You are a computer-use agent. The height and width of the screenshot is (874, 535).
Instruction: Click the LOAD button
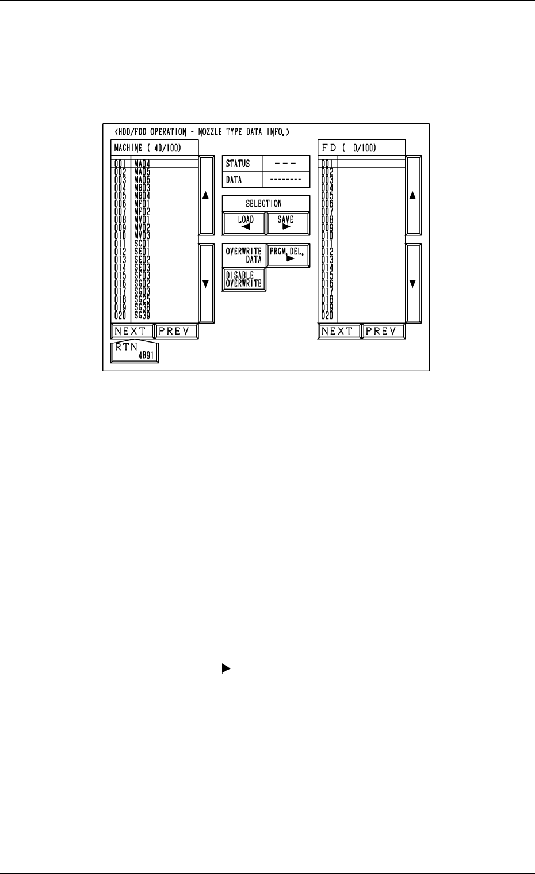tap(244, 223)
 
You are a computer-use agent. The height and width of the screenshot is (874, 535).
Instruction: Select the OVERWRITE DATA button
tap(244, 256)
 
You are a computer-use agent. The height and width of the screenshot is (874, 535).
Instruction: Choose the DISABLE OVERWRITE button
tap(244, 279)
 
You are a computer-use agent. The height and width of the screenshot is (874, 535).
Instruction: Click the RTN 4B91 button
tap(135, 352)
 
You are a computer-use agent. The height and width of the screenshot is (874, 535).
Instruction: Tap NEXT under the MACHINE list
tap(133, 331)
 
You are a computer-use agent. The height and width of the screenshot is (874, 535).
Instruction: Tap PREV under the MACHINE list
tap(177, 331)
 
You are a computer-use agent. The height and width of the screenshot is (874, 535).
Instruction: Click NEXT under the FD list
tap(339, 331)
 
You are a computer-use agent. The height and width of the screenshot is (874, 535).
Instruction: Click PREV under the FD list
tap(384, 331)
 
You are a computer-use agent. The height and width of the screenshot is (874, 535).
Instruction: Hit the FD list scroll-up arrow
tap(413, 195)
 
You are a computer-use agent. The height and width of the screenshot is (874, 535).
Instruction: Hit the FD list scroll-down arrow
tap(413, 283)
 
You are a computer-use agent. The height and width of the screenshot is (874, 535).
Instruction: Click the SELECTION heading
tap(266, 204)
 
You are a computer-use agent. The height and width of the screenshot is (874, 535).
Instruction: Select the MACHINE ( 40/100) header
tap(148, 148)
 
